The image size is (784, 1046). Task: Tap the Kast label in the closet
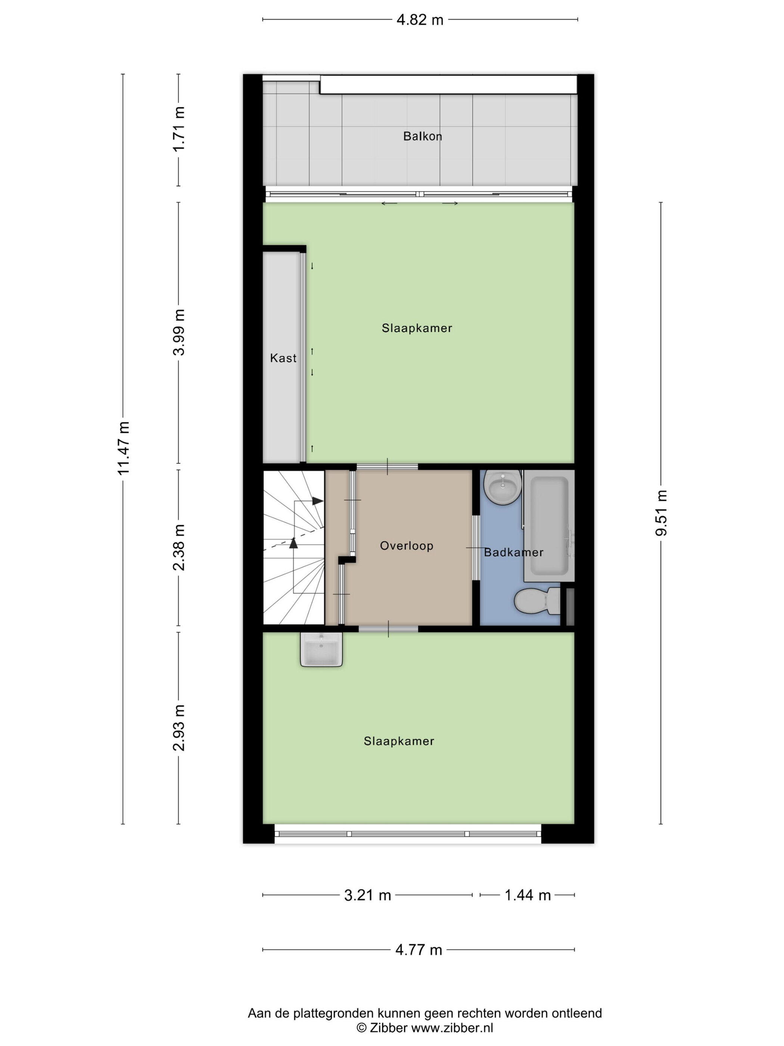coord(283,358)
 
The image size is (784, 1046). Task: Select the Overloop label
coord(407,546)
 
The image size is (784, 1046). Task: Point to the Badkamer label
coord(514,552)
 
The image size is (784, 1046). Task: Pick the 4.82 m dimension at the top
coord(420,20)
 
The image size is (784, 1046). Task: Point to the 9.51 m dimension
coord(661,513)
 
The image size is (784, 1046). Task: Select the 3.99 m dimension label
coord(178,332)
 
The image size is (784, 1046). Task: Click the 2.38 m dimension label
coord(178,547)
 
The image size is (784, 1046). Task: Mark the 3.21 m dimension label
coord(368,895)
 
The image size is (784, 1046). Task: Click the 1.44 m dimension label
coord(528,895)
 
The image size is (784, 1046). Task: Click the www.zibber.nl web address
coord(452,1027)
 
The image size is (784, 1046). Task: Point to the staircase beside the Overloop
coord(293,547)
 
